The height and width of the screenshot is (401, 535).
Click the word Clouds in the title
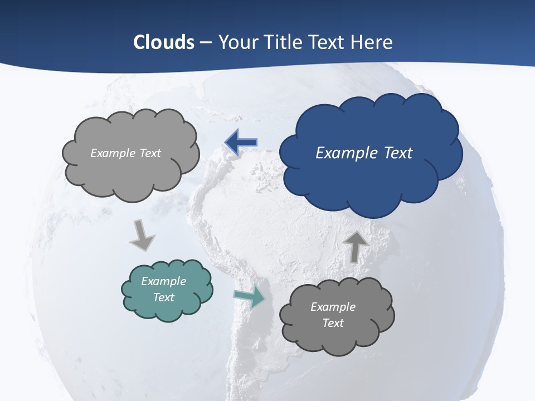point(164,42)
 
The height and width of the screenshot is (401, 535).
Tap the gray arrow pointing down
point(142,235)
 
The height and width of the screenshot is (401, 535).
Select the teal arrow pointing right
point(250,297)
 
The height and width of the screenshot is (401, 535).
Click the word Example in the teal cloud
point(163,281)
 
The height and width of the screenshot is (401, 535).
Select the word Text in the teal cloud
point(163,297)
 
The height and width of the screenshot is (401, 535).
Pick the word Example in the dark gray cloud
point(333,307)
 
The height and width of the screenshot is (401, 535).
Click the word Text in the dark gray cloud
point(333,323)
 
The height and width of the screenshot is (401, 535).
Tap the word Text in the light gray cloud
point(149,153)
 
